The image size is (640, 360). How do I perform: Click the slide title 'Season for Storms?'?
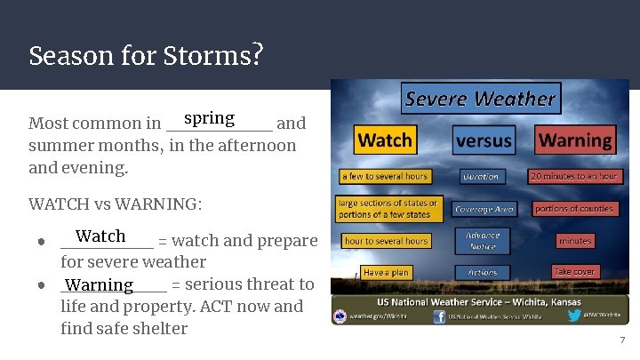click(146, 56)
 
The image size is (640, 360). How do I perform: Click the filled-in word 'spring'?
click(209, 118)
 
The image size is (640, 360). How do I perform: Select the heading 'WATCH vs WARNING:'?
click(116, 204)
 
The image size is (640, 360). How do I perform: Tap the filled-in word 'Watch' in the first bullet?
click(100, 236)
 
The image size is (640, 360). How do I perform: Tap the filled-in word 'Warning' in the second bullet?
click(99, 285)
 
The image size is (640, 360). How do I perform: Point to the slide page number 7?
click(622, 340)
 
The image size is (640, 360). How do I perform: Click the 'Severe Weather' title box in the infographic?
click(479, 99)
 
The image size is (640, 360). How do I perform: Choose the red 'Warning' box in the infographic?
click(575, 140)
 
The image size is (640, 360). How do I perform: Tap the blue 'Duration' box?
click(481, 177)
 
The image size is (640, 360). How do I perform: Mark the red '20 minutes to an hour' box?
click(574, 176)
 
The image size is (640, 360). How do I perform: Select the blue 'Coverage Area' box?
click(481, 210)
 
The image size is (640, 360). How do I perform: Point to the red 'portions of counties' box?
click(574, 209)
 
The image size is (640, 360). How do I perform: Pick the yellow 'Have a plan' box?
click(385, 272)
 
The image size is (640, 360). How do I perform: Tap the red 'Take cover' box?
click(574, 271)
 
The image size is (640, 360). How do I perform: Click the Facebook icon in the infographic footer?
click(438, 315)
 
